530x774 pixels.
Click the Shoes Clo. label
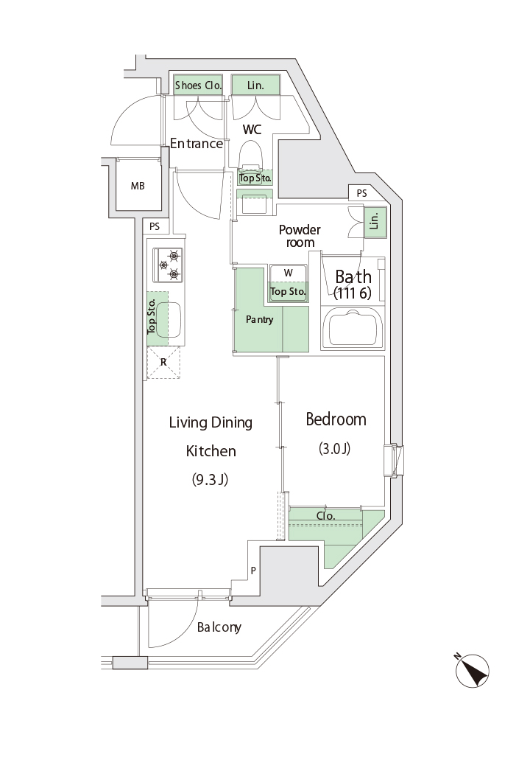(198, 86)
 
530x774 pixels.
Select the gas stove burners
(168, 265)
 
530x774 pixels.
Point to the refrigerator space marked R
(163, 363)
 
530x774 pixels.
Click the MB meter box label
(138, 186)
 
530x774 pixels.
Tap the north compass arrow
(472, 670)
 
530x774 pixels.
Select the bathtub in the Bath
(352, 328)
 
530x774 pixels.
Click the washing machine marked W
(288, 283)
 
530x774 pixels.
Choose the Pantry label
(259, 319)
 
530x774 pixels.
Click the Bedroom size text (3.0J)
(335, 449)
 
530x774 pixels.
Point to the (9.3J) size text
(210, 479)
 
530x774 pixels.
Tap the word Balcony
(219, 627)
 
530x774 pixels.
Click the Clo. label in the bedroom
(325, 516)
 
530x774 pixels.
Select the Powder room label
(300, 236)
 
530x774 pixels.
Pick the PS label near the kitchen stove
(155, 226)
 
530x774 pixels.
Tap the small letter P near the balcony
(253, 571)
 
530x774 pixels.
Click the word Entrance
(197, 144)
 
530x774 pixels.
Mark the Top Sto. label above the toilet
(255, 178)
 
